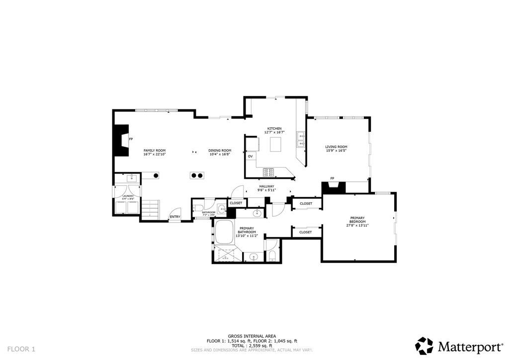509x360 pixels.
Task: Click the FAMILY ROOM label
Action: point(155,150)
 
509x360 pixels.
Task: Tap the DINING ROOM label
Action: point(220,151)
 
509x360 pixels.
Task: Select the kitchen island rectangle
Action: point(276,144)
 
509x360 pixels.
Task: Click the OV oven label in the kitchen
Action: point(251,156)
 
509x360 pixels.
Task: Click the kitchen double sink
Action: point(301,140)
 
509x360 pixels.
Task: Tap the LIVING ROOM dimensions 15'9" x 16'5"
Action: point(336,151)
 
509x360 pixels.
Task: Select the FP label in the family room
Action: point(131,139)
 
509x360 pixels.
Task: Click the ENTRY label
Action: point(175,216)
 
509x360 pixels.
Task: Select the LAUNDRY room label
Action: point(128,196)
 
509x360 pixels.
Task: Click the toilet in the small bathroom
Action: point(197,208)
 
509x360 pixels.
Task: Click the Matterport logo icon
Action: point(424,345)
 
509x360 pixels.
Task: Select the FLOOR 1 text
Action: point(21,349)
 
